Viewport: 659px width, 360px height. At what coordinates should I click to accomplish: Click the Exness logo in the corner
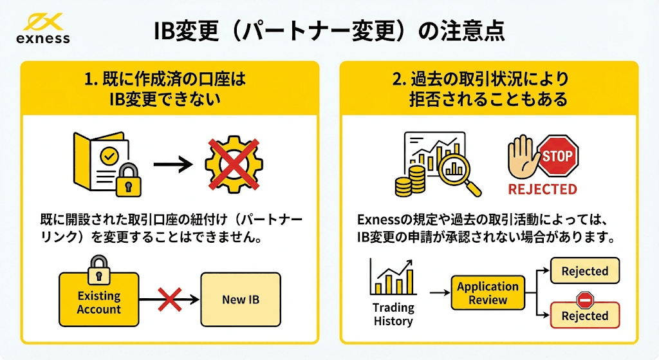click(x=43, y=29)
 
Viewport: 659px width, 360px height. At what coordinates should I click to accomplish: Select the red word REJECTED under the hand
click(x=542, y=189)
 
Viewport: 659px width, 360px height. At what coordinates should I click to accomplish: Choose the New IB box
click(x=241, y=299)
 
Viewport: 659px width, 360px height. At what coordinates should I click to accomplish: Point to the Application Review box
click(x=488, y=293)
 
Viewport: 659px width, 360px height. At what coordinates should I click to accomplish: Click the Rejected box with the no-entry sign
click(x=584, y=315)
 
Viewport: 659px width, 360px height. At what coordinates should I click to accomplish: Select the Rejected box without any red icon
click(x=584, y=271)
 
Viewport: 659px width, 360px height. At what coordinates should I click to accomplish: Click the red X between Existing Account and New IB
click(x=169, y=299)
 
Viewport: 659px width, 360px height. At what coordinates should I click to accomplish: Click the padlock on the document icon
click(x=131, y=183)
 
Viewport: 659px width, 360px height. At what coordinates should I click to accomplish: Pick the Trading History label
click(x=393, y=314)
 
